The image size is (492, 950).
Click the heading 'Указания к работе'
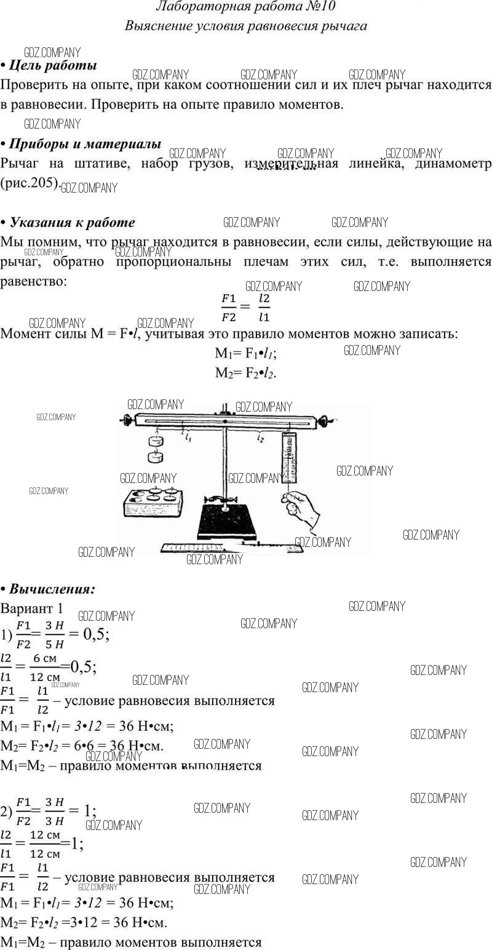click(x=73, y=222)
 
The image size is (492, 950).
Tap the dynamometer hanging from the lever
click(x=290, y=458)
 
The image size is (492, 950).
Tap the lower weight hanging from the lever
click(x=154, y=457)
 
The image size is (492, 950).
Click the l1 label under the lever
click(x=188, y=438)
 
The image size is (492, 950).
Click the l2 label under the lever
click(x=261, y=438)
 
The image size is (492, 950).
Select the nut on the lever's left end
click(x=127, y=421)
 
